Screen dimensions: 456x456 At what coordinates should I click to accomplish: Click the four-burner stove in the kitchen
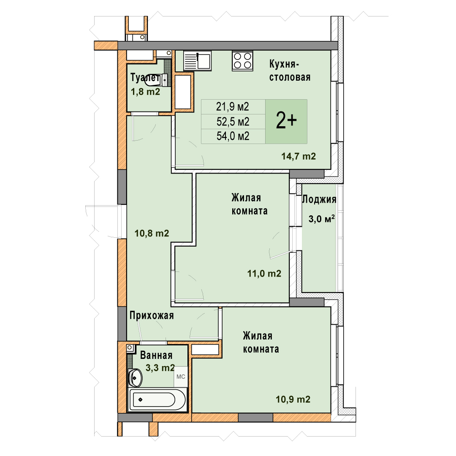point(242,61)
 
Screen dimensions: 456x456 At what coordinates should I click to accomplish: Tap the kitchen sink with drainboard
point(198,61)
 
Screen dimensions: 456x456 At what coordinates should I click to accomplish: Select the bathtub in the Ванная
point(157,400)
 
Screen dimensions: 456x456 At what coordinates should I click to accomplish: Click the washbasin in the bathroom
point(135,378)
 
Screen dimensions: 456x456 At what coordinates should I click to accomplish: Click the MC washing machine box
point(181,377)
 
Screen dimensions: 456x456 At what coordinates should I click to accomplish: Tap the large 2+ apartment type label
point(286,121)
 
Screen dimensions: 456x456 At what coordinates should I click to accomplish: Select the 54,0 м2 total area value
point(233,136)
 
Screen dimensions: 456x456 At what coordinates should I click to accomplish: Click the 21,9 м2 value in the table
point(232,107)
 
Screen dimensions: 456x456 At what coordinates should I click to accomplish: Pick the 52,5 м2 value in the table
point(233,122)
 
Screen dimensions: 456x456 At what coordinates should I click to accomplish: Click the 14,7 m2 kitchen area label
point(299,156)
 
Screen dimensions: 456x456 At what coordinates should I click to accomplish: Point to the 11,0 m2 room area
point(264,273)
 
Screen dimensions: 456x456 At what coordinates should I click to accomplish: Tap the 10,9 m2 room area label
point(293,399)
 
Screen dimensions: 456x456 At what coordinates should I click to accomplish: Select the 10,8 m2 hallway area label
point(152,233)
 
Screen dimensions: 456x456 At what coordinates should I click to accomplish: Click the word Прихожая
point(152,315)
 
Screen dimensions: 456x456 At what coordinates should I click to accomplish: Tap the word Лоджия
point(319,199)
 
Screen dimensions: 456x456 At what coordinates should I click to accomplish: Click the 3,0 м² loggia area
point(321,219)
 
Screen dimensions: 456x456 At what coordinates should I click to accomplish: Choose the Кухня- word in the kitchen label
point(284,64)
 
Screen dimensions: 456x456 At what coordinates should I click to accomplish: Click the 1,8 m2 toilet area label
point(145,92)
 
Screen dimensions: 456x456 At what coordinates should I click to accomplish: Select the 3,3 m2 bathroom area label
point(160,368)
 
